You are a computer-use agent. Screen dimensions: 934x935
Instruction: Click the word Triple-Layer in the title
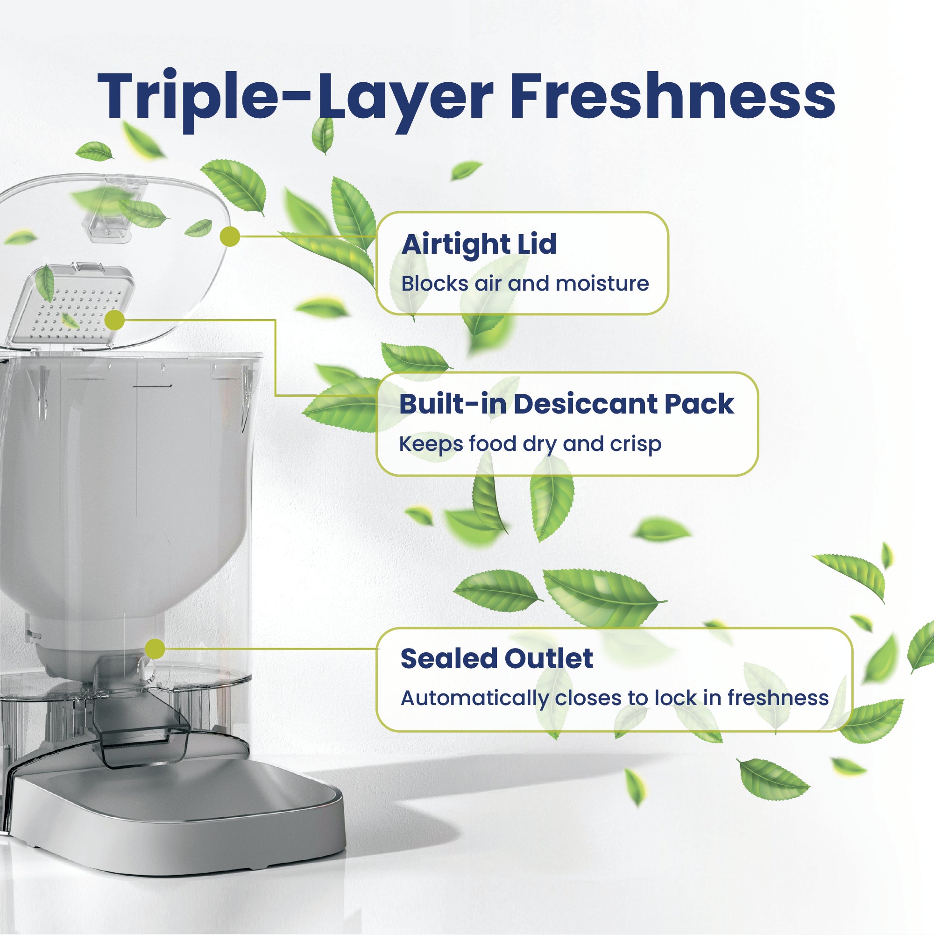(295, 97)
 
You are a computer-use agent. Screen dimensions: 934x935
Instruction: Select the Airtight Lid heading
(479, 244)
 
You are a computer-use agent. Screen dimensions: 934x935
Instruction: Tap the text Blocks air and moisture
(525, 283)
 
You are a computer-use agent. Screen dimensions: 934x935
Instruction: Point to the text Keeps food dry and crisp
(530, 444)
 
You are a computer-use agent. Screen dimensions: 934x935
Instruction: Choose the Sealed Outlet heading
(497, 659)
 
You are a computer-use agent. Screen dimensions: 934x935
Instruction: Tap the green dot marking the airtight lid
(230, 236)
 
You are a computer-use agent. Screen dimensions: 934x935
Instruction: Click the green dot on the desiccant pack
(114, 321)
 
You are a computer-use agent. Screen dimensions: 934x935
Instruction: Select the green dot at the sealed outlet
(155, 649)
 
